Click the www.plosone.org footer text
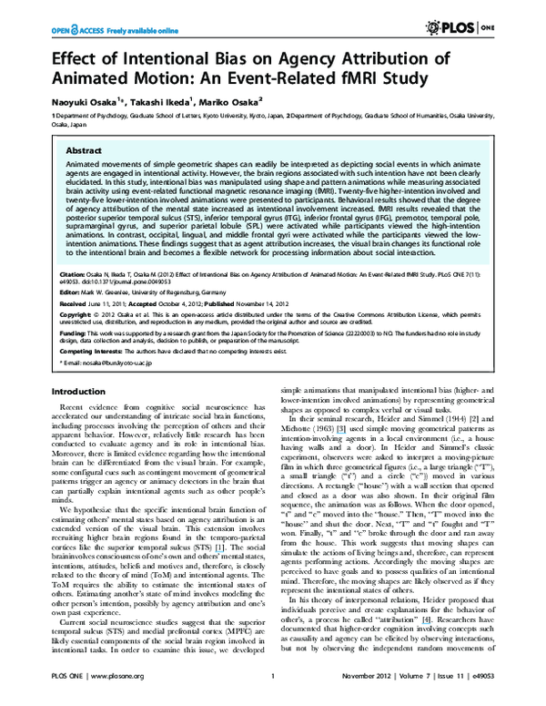pyautogui.click(x=108, y=688)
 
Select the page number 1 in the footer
pyautogui.click(x=273, y=688)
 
